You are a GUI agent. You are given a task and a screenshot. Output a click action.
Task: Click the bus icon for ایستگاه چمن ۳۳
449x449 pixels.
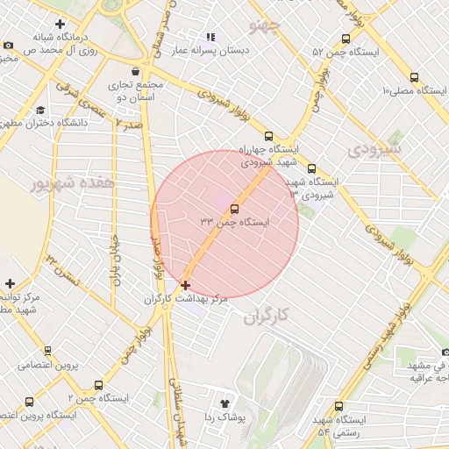(x=234, y=209)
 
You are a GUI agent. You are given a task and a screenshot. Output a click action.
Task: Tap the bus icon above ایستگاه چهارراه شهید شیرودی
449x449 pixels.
(x=268, y=137)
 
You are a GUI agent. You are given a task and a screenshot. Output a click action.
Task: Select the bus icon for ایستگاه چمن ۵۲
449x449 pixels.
(x=346, y=39)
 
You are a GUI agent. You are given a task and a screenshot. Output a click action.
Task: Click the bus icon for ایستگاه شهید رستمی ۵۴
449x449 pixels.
(x=339, y=406)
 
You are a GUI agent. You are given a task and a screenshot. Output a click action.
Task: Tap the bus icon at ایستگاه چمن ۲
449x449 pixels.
(x=97, y=384)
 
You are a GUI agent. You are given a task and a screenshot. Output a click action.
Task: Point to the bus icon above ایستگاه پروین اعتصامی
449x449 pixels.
(x=29, y=402)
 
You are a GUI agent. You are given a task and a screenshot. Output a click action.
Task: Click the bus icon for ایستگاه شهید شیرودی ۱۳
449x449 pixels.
(x=311, y=168)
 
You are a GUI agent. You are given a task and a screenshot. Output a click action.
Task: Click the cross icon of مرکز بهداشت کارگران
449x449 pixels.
(x=185, y=285)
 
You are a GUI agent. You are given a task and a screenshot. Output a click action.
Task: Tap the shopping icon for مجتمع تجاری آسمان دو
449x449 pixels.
(x=134, y=72)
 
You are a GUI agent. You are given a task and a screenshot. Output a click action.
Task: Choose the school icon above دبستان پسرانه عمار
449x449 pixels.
(x=210, y=37)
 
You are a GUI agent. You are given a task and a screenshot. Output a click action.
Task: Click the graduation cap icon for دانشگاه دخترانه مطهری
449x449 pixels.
(x=41, y=110)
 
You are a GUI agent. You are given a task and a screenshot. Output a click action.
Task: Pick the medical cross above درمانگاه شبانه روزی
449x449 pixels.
(x=60, y=24)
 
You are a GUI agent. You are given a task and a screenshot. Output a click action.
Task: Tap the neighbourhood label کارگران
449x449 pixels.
(x=263, y=315)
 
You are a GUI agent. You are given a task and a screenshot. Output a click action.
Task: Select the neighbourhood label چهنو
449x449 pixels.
(x=267, y=25)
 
